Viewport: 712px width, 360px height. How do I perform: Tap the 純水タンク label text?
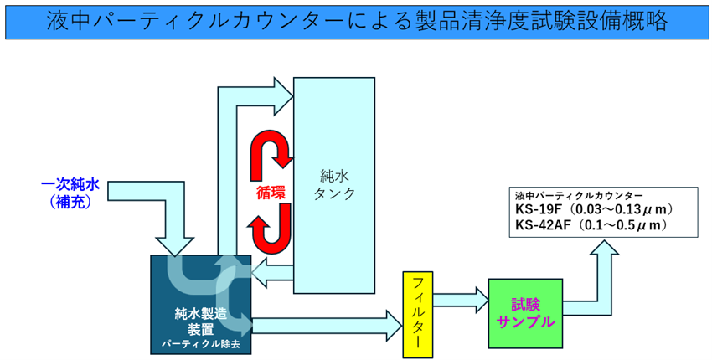(x=333, y=184)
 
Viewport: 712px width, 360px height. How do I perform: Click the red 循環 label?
(x=271, y=191)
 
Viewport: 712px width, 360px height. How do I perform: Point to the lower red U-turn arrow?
(x=272, y=231)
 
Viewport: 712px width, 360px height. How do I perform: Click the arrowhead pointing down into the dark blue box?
(x=179, y=244)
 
